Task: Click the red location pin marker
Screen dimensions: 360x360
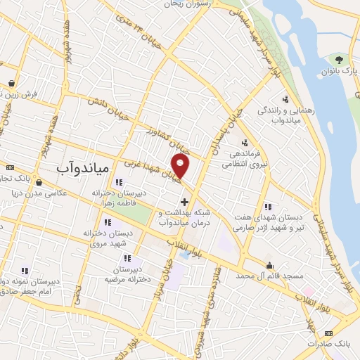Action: click(x=181, y=166)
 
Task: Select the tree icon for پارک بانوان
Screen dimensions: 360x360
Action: click(x=340, y=59)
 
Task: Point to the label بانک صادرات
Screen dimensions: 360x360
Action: click(x=333, y=343)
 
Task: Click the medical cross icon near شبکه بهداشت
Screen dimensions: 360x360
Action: click(x=184, y=202)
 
